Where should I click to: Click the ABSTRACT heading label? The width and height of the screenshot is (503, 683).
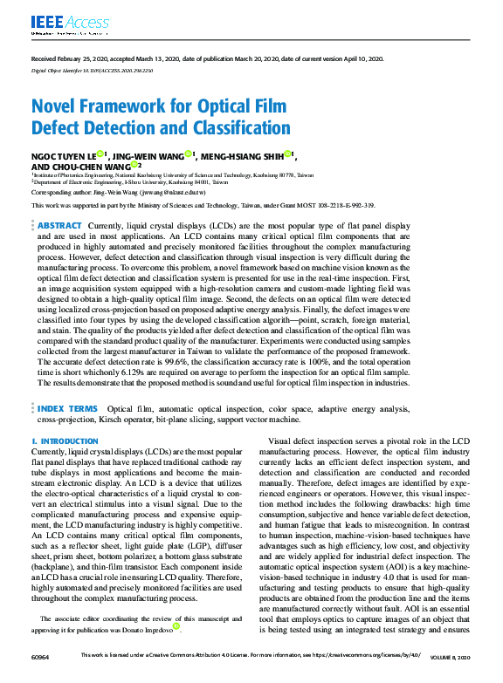coord(59,225)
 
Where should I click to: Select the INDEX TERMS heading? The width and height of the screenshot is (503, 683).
coord(68,408)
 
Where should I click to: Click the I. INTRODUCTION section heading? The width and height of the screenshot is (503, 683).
coord(65,442)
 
